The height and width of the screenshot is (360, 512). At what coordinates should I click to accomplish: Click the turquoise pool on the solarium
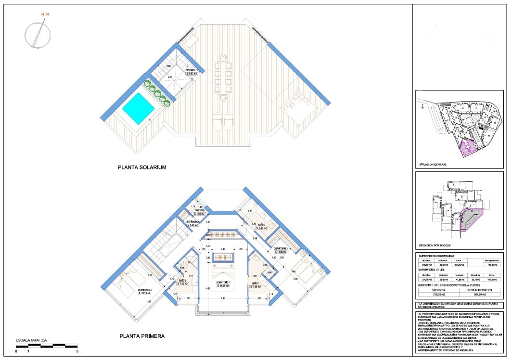pos(138,109)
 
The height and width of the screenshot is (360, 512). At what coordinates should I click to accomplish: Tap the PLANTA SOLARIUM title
pos(142,167)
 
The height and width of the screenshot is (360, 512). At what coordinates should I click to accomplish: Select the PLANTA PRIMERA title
pos(141,336)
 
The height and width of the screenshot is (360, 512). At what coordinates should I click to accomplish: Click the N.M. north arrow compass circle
pos(38,35)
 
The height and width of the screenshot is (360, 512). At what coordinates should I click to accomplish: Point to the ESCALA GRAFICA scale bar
pos(47,346)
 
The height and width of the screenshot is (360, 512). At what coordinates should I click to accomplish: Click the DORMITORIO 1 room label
pos(222,283)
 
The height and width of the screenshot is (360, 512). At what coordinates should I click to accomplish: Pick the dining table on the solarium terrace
pos(223,77)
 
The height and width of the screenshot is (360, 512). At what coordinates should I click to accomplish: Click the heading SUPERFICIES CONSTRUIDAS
pos(436,256)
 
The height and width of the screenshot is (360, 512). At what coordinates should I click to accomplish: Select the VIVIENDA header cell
pos(439,290)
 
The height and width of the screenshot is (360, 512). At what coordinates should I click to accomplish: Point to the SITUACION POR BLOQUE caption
pos(434,245)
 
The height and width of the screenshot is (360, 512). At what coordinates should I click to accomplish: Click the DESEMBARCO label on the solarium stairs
pos(192,70)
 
